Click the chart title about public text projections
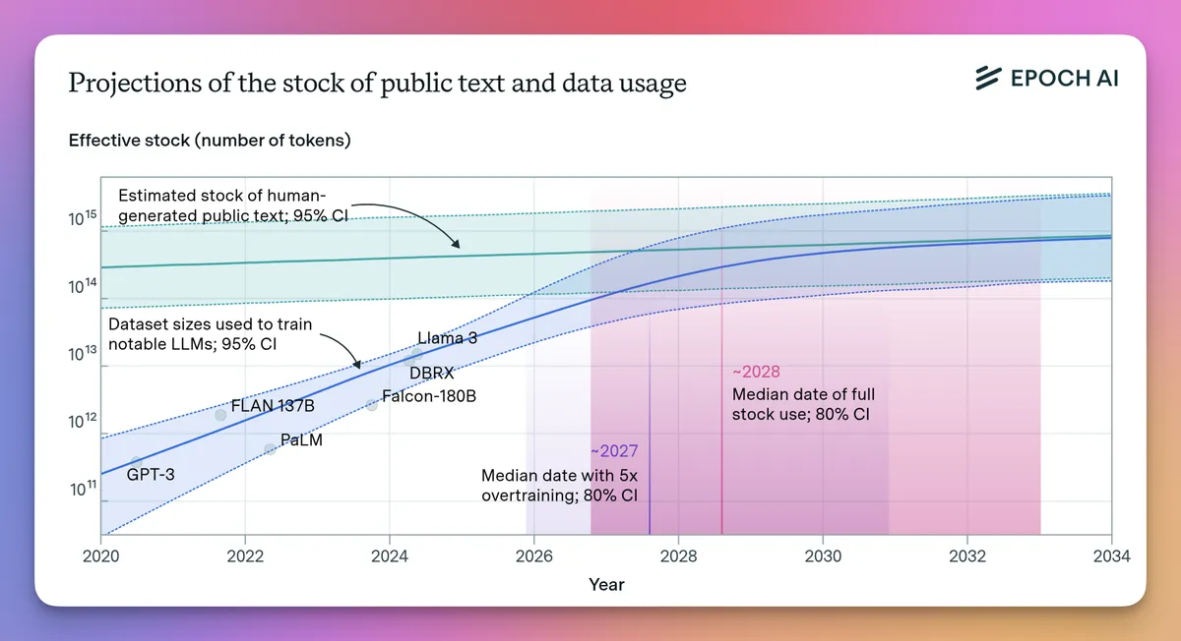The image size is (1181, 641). pyautogui.click(x=377, y=84)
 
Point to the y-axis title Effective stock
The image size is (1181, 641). pyautogui.click(x=210, y=141)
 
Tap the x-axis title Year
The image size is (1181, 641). pyautogui.click(x=606, y=584)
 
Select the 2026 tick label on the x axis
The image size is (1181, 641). pyautogui.click(x=533, y=555)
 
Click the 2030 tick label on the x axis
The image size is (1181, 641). pyautogui.click(x=823, y=555)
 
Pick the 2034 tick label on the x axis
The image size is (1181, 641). pyautogui.click(x=1111, y=555)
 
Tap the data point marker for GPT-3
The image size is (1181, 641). pyautogui.click(x=137, y=462)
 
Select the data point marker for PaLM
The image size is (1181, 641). pyautogui.click(x=271, y=448)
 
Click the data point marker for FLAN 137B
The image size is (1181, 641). pyautogui.click(x=220, y=415)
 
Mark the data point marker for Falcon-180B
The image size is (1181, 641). pyautogui.click(x=372, y=404)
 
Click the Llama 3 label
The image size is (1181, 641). pyautogui.click(x=447, y=338)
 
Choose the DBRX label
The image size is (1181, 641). pyautogui.click(x=431, y=373)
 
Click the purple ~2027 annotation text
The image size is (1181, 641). pyautogui.click(x=614, y=451)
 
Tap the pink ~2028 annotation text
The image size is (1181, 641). pyautogui.click(x=756, y=372)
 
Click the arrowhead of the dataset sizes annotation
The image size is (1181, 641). pyautogui.click(x=358, y=367)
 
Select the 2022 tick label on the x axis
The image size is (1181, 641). pyautogui.click(x=245, y=555)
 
